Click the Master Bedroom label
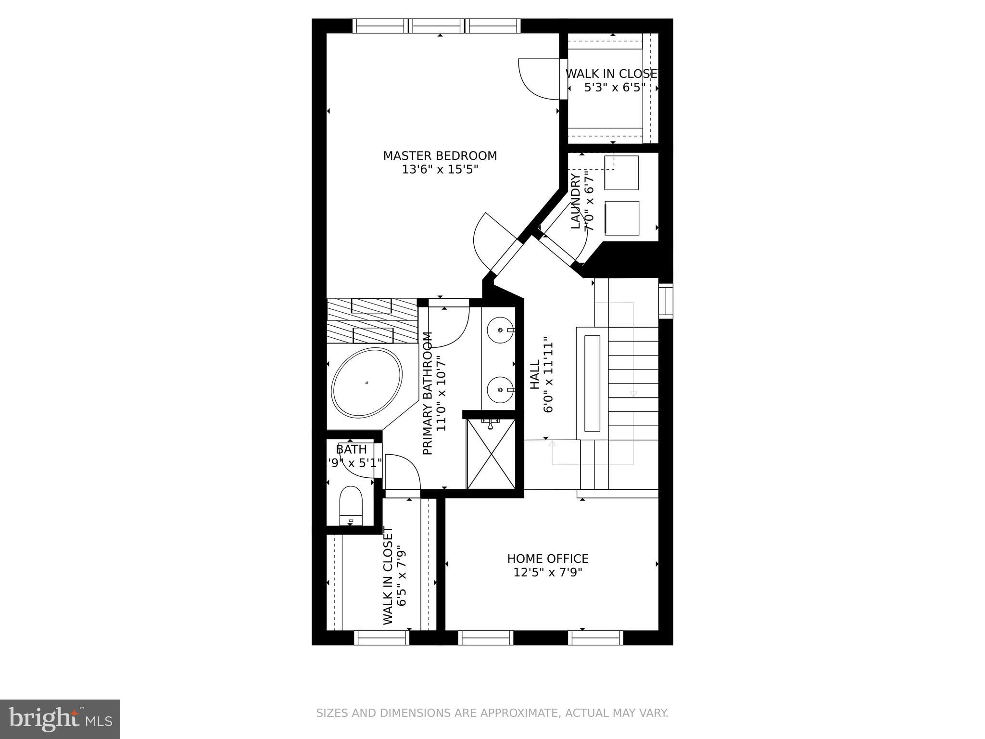tap(440, 156)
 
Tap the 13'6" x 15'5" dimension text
tap(440, 170)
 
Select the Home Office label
tap(547, 559)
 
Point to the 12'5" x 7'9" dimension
tap(547, 573)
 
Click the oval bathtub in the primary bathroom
tap(366, 383)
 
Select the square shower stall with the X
tap(491, 454)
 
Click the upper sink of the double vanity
tap(500, 331)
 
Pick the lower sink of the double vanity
tap(500, 390)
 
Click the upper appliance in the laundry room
tap(621, 173)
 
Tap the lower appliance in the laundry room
tap(621, 218)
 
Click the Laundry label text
tap(576, 202)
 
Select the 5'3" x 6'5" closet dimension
tap(614, 88)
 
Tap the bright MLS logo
tap(60, 719)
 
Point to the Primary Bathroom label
tap(428, 393)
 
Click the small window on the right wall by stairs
tap(666, 301)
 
